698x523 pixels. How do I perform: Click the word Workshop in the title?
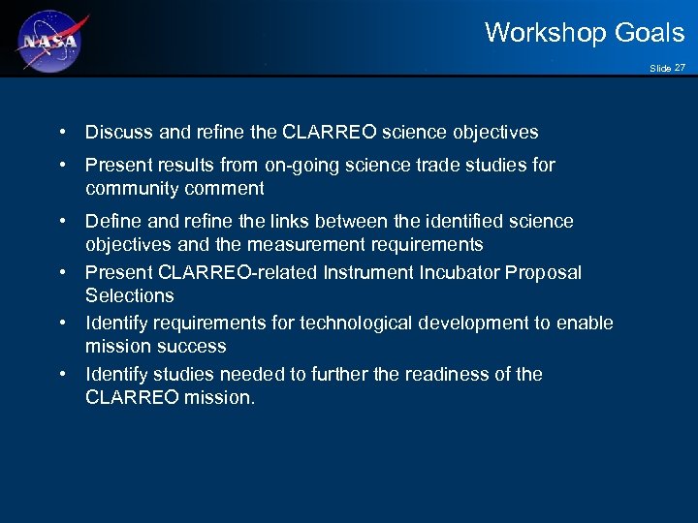pos(536,33)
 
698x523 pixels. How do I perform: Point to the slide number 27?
pos(680,67)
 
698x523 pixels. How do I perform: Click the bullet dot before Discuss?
pos(62,132)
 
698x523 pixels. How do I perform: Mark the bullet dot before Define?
pos(62,221)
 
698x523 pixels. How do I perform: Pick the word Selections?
pos(130,295)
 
